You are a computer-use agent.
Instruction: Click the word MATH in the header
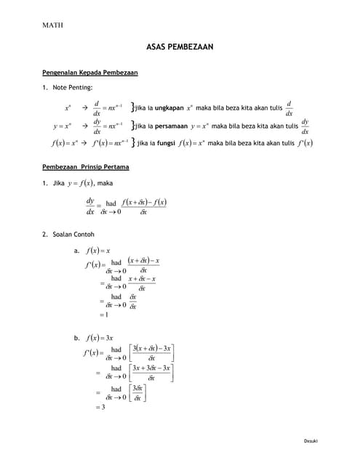(53, 25)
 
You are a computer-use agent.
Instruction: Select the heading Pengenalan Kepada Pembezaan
(90, 73)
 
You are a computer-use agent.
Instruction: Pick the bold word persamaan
(169, 126)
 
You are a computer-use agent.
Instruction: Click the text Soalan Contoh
(74, 234)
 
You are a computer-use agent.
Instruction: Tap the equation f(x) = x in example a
(98, 250)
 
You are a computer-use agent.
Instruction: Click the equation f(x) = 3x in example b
(100, 338)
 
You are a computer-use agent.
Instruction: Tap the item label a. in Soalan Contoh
(76, 250)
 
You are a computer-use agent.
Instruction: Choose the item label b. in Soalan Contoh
(76, 338)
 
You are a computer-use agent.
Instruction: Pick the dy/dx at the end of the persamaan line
(305, 126)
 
